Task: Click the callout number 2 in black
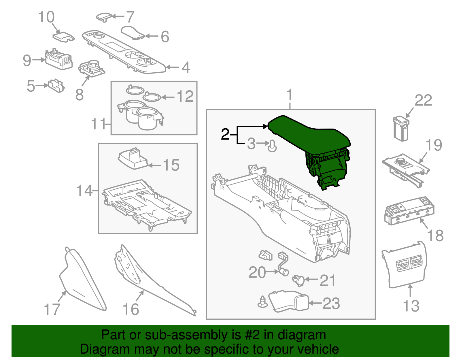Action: [225, 134]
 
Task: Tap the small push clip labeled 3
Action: [272, 146]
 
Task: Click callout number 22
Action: [423, 101]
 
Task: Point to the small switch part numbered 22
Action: [401, 128]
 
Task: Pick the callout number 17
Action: [52, 310]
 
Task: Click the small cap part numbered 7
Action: [103, 16]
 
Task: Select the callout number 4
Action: [186, 68]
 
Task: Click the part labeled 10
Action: [63, 37]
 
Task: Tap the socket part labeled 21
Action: [298, 280]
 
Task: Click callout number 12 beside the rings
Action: [185, 97]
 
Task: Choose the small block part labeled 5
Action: [56, 86]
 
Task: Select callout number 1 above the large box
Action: [290, 95]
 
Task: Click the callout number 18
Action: [435, 236]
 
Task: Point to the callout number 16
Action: [131, 310]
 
